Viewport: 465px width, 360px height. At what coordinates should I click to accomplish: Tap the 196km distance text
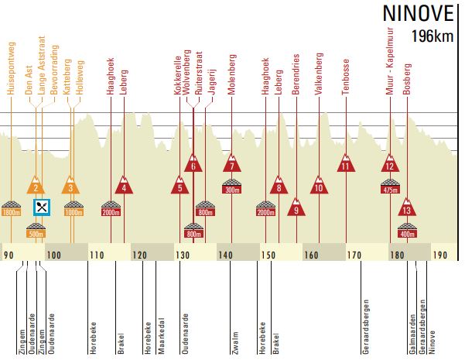pyautogui.click(x=433, y=36)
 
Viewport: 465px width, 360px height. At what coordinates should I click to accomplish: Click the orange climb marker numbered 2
pyautogui.click(x=35, y=186)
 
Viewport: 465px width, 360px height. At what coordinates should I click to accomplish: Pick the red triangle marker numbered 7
pyautogui.click(x=232, y=164)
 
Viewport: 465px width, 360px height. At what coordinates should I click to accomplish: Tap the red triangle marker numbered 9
pyautogui.click(x=296, y=207)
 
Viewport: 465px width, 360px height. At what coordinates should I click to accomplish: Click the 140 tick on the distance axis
pyautogui.click(x=225, y=255)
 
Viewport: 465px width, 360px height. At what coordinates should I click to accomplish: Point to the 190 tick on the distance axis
pyautogui.click(x=440, y=255)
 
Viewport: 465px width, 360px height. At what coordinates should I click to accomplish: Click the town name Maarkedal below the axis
pyautogui.click(x=162, y=335)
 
